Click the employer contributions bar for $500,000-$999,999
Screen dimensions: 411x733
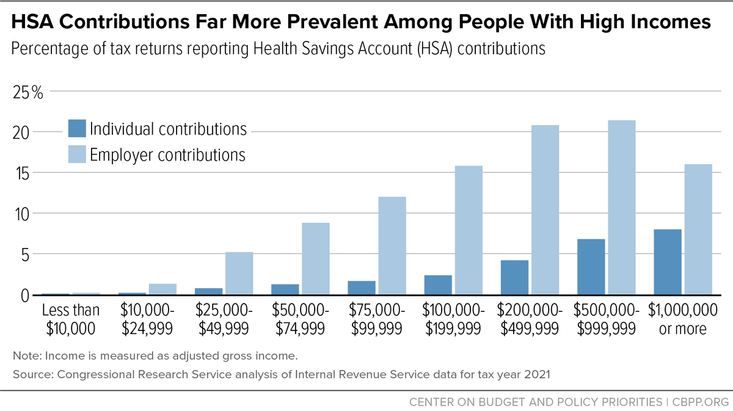(621, 208)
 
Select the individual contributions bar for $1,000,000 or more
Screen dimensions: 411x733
(667, 262)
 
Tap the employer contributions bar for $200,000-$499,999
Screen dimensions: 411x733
(545, 210)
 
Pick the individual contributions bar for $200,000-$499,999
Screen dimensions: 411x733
(514, 277)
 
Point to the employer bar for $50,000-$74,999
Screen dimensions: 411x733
(316, 258)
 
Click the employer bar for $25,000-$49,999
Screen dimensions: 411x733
(239, 273)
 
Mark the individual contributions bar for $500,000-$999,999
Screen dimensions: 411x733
(591, 267)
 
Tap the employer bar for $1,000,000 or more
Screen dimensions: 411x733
(698, 229)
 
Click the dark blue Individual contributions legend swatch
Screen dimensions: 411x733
(77, 129)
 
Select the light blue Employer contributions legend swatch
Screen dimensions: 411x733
(77, 155)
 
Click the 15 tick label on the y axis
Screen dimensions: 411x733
(24, 173)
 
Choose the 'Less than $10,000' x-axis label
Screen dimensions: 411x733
(71, 319)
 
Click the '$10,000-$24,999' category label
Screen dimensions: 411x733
(147, 319)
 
